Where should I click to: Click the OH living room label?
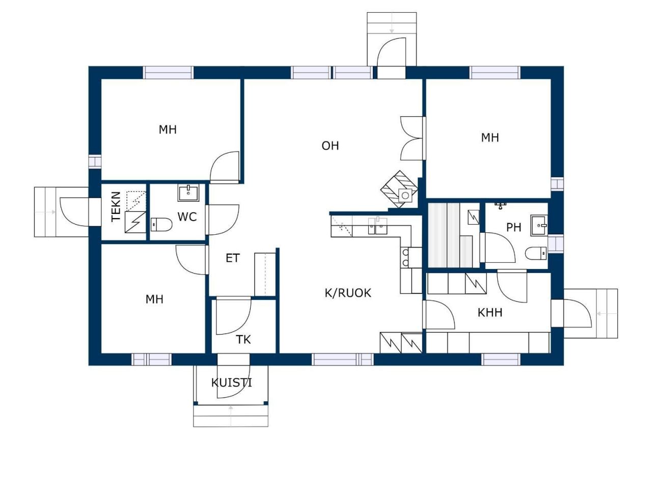point(330,146)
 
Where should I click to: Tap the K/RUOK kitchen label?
point(347,293)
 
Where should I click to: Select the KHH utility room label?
point(490,313)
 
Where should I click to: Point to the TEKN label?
point(116,207)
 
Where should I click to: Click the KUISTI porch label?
point(231,383)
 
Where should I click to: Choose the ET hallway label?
point(233,258)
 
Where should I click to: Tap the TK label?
point(243,339)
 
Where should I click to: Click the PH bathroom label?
point(513,227)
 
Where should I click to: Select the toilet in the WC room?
point(161,225)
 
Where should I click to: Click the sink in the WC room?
point(188,193)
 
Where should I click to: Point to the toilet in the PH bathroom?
point(535,253)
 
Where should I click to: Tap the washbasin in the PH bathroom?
point(539,226)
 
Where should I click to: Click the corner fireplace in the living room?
point(399,189)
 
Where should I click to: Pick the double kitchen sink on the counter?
point(377,226)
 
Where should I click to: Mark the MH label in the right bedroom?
point(490,138)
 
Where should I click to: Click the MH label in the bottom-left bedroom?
point(154,299)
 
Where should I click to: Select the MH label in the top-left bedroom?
point(168,129)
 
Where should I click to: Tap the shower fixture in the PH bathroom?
point(501,205)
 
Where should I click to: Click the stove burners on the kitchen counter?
point(404,257)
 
